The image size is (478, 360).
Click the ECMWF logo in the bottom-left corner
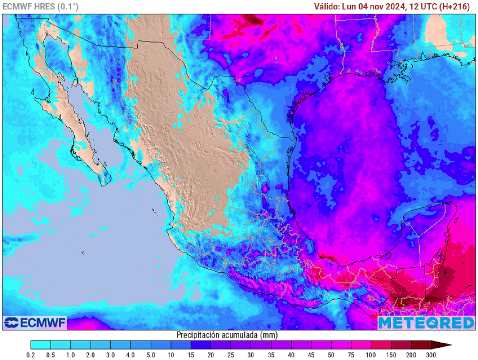coord(35,323)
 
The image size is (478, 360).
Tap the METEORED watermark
coord(426,323)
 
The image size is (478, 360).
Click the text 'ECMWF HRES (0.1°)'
coord(41,7)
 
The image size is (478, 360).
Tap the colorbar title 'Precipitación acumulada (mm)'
coord(227,335)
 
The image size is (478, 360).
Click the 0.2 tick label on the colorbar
coord(31,355)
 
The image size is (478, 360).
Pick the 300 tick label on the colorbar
coord(431,355)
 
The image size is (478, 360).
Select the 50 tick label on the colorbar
coord(331,355)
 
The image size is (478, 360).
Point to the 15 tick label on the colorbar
coord(191,355)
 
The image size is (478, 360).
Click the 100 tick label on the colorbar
coord(371,355)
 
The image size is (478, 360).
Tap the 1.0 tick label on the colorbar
coord(71,355)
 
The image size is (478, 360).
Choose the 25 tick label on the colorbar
coord(231,355)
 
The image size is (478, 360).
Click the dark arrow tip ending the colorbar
coord(446,346)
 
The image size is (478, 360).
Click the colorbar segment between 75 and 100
coord(361,346)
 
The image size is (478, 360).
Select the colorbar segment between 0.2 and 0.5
coord(41,346)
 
